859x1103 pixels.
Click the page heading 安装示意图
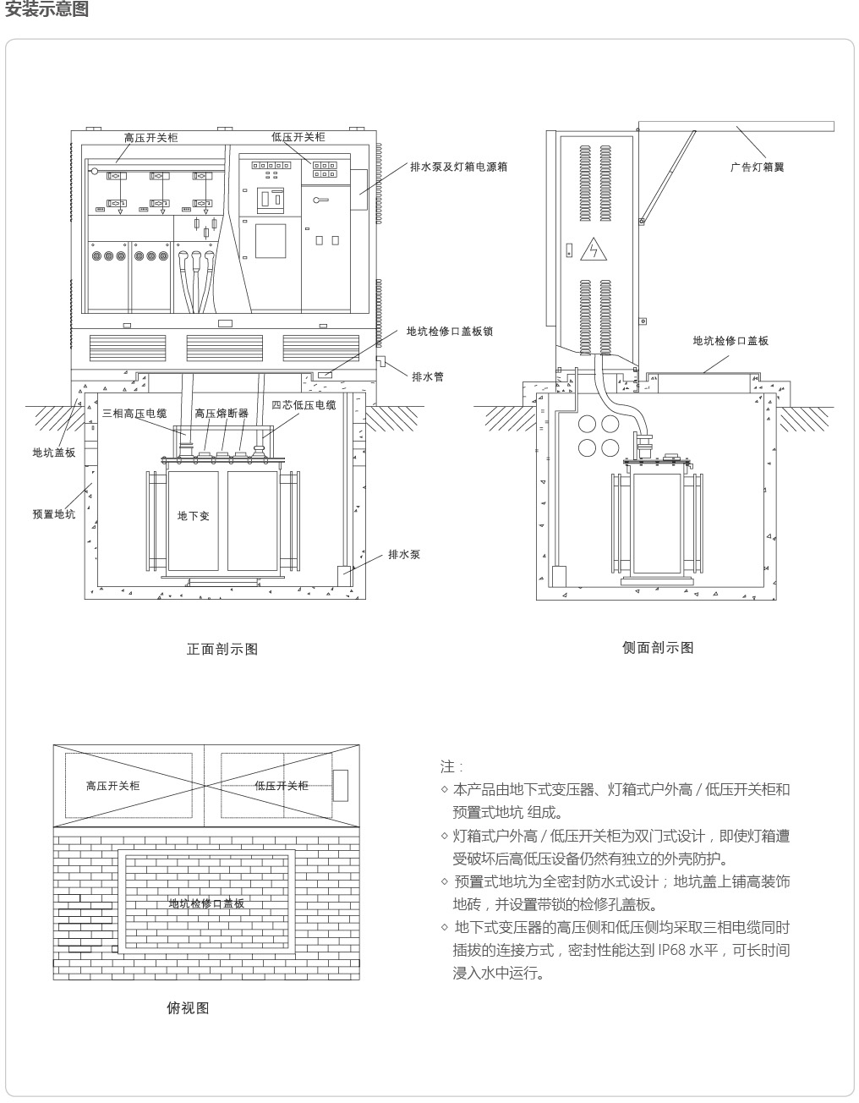(x=47, y=8)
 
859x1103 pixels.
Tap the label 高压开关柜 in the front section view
(x=151, y=138)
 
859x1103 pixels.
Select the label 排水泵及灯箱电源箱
(x=459, y=167)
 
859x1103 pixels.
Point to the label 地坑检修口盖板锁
(x=450, y=332)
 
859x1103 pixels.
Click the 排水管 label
(x=428, y=376)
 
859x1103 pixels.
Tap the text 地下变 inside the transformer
(x=194, y=516)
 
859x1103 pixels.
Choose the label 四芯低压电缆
(x=304, y=404)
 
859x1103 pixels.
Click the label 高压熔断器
(x=222, y=413)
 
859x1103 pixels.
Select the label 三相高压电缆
(x=134, y=413)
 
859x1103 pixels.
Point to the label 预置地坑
(x=54, y=514)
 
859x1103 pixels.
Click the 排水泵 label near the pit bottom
(x=404, y=554)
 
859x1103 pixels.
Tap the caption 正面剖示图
(x=222, y=650)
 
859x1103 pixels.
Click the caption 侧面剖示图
(x=658, y=648)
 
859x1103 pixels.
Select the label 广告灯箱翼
(x=757, y=167)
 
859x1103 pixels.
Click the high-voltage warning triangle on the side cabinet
(x=594, y=249)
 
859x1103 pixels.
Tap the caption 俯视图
(x=188, y=1007)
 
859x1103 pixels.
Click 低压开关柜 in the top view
(x=281, y=786)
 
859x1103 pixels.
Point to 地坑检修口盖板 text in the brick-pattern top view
(x=206, y=903)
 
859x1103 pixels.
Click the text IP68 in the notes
(x=672, y=950)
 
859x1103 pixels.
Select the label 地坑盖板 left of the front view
(x=54, y=453)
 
